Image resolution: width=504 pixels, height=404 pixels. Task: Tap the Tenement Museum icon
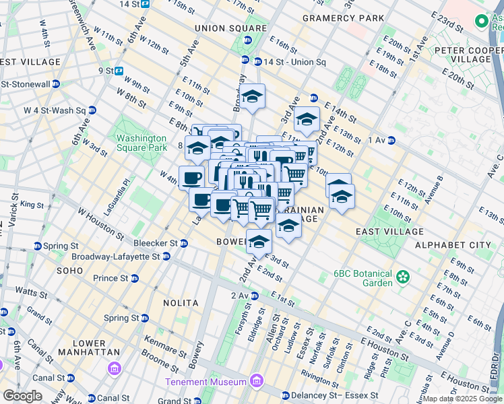click(256, 382)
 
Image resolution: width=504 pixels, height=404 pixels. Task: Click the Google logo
click(23, 396)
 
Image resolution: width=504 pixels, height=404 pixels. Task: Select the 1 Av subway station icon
click(391, 140)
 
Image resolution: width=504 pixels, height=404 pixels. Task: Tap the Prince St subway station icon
click(135, 278)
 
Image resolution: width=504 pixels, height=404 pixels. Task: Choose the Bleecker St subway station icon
click(184, 242)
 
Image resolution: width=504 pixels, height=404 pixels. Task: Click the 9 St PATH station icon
click(119, 70)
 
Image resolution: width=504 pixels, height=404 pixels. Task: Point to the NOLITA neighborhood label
click(181, 303)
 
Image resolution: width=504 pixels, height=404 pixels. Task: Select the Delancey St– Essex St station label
click(336, 395)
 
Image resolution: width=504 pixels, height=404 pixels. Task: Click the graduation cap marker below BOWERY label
click(259, 242)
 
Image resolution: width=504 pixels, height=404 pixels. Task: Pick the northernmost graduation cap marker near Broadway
click(253, 97)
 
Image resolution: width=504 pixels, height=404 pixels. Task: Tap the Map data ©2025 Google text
click(462, 399)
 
